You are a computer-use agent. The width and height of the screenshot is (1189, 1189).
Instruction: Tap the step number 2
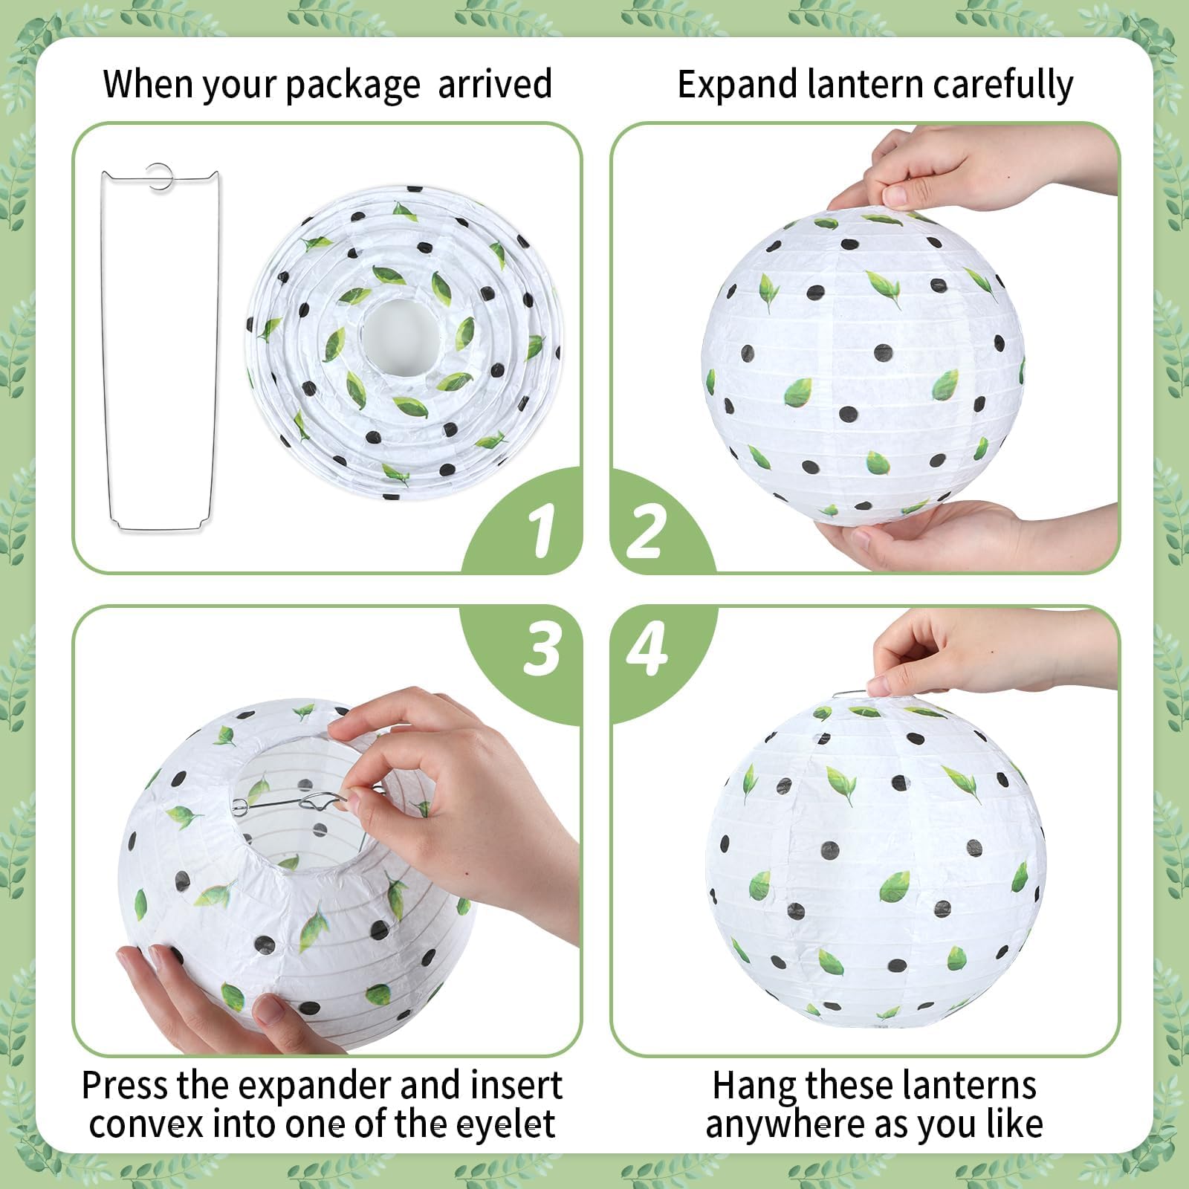coord(644,530)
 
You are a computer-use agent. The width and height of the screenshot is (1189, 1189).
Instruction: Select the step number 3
coord(541,649)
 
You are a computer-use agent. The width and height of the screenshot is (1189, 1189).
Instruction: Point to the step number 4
coord(646,649)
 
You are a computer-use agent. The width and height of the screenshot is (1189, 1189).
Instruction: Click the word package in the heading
coord(352,85)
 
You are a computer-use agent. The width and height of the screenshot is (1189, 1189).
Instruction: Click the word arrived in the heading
coord(494,83)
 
